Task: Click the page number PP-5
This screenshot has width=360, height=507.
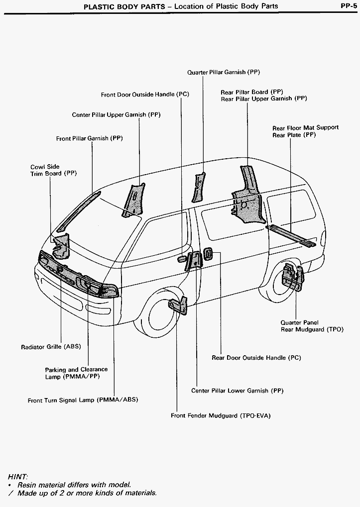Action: tap(347, 6)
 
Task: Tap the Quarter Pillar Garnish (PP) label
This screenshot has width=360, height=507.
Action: tap(224, 72)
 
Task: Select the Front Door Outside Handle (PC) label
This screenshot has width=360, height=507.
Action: tap(145, 95)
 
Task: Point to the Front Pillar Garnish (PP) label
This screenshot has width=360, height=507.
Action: tap(89, 139)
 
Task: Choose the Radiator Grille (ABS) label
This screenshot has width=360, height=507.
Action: tap(51, 347)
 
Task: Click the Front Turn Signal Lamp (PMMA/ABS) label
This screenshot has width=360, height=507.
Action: tap(83, 400)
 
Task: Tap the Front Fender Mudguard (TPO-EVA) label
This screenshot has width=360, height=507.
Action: tap(221, 415)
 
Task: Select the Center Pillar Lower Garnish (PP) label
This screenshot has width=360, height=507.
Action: tap(237, 391)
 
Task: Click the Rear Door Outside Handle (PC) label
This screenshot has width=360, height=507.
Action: tap(256, 358)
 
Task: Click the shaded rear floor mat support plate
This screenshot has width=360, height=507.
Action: tap(292, 235)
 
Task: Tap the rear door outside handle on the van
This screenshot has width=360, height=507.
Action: tap(208, 253)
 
